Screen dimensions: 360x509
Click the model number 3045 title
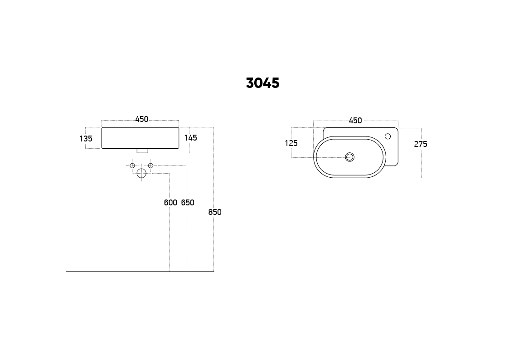[x=262, y=83]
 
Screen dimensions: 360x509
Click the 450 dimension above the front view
[x=141, y=119]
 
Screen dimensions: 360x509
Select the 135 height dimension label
[x=86, y=139]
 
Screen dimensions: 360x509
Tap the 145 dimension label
[x=190, y=138]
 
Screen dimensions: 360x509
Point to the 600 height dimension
[x=170, y=203]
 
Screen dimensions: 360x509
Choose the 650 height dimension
[x=188, y=203]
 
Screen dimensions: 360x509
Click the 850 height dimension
[x=215, y=212]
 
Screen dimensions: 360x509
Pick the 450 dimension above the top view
[x=355, y=121]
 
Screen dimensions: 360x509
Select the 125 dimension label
[x=291, y=143]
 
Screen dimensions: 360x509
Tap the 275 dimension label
[x=421, y=144]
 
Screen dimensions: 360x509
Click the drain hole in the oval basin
[x=349, y=157]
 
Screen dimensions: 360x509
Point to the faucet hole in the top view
[x=388, y=136]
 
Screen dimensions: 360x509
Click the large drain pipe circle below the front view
[x=141, y=173]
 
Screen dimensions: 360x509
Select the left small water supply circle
[x=132, y=165]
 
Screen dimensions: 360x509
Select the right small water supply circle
[x=150, y=165]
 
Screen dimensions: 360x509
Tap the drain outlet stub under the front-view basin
[x=142, y=151]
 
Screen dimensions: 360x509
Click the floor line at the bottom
[x=113, y=271]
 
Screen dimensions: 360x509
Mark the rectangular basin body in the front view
[x=140, y=138]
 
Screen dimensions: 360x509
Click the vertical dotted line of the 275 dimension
[x=421, y=163]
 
